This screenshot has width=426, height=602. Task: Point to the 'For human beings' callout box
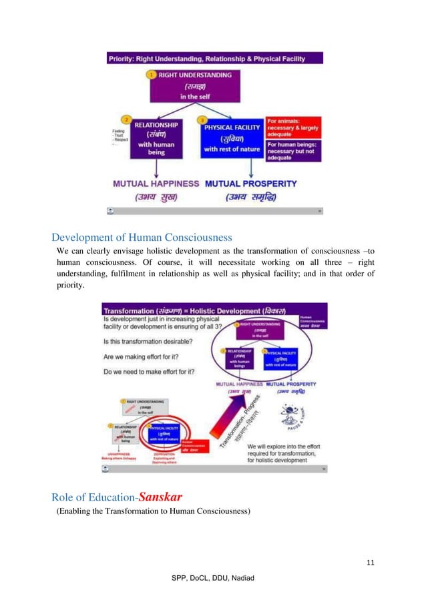pos(293,151)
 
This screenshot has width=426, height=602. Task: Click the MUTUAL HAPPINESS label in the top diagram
pos(156,182)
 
